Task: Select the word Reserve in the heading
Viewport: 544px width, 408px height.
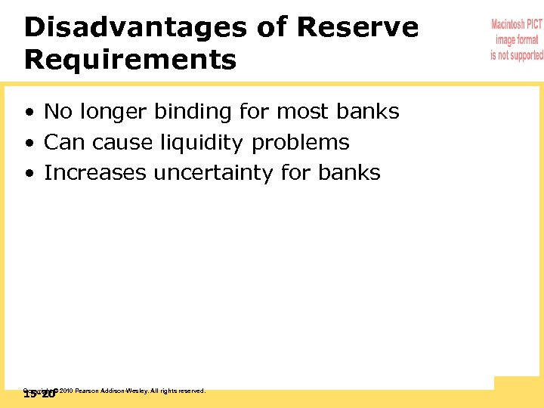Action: [357, 27]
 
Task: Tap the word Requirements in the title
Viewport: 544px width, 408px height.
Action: [130, 60]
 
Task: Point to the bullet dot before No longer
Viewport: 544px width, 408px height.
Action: [28, 113]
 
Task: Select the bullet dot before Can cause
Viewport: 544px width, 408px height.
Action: [28, 144]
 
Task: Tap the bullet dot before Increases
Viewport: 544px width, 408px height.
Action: [28, 174]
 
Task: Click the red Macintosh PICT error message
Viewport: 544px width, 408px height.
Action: [517, 40]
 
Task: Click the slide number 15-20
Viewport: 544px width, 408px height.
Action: [39, 394]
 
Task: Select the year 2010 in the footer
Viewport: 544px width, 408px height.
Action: [65, 391]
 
